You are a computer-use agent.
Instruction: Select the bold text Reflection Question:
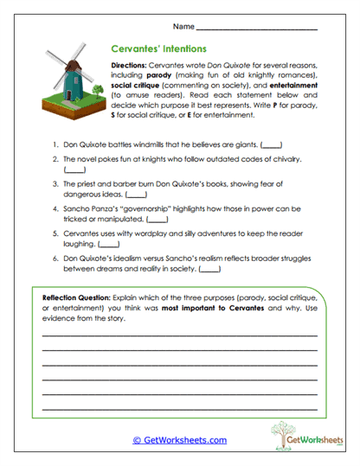point(79,297)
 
